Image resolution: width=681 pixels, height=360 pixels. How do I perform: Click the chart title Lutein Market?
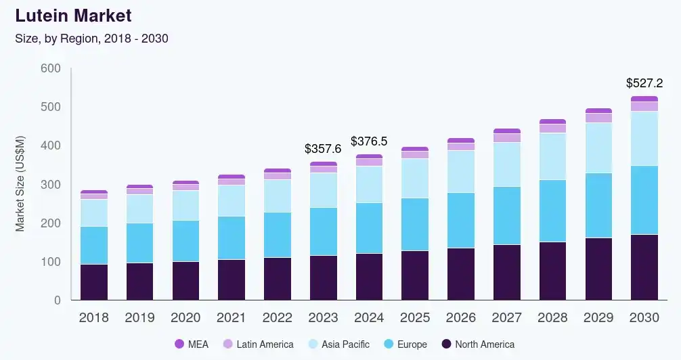point(73,16)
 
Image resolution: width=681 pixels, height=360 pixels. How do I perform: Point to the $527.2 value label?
point(644,83)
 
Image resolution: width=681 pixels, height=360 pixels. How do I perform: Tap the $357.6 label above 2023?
point(323,149)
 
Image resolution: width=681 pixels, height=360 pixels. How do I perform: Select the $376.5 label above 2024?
point(369,141)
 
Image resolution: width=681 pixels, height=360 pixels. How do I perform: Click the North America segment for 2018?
point(94,282)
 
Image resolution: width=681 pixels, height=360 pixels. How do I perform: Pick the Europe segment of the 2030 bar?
point(644,200)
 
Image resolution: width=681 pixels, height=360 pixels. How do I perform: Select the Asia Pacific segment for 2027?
point(507,164)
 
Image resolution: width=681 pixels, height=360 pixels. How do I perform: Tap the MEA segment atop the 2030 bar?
point(644,99)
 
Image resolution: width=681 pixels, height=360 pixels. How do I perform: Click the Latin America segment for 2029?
point(598,118)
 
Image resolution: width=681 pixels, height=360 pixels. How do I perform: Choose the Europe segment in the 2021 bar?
point(232,238)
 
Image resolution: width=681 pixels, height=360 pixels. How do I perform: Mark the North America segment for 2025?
point(415,275)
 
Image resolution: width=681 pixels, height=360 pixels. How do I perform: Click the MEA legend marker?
point(179,344)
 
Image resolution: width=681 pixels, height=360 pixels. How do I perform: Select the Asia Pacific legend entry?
point(339,344)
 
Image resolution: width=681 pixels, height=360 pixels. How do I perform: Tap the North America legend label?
point(485,344)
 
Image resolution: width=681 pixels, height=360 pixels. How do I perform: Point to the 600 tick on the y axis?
point(51,68)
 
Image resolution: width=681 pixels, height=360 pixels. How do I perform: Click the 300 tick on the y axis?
point(51,184)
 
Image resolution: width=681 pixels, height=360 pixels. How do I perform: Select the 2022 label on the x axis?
point(277,317)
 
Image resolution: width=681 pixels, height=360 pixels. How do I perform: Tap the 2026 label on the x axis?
point(461,317)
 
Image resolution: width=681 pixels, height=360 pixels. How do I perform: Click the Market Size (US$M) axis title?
point(20,183)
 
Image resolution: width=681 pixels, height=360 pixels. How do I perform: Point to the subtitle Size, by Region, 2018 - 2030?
point(91,39)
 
